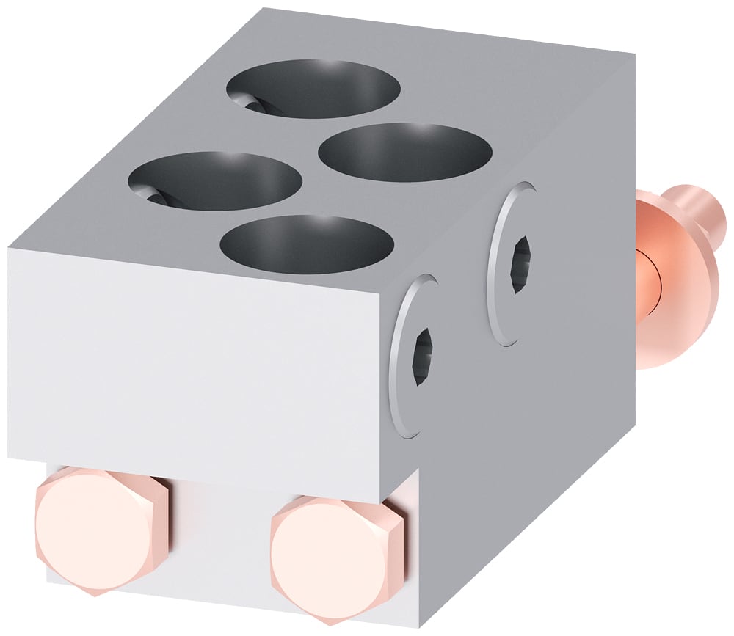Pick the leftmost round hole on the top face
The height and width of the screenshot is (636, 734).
point(215,181)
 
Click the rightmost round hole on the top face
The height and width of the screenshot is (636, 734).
point(405,153)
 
